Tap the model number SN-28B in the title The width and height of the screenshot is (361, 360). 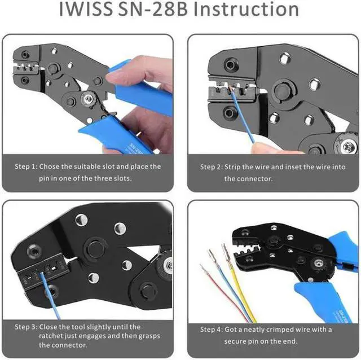[169, 10]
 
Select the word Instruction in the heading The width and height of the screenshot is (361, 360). [257, 10]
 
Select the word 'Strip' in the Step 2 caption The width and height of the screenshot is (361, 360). [236, 167]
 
